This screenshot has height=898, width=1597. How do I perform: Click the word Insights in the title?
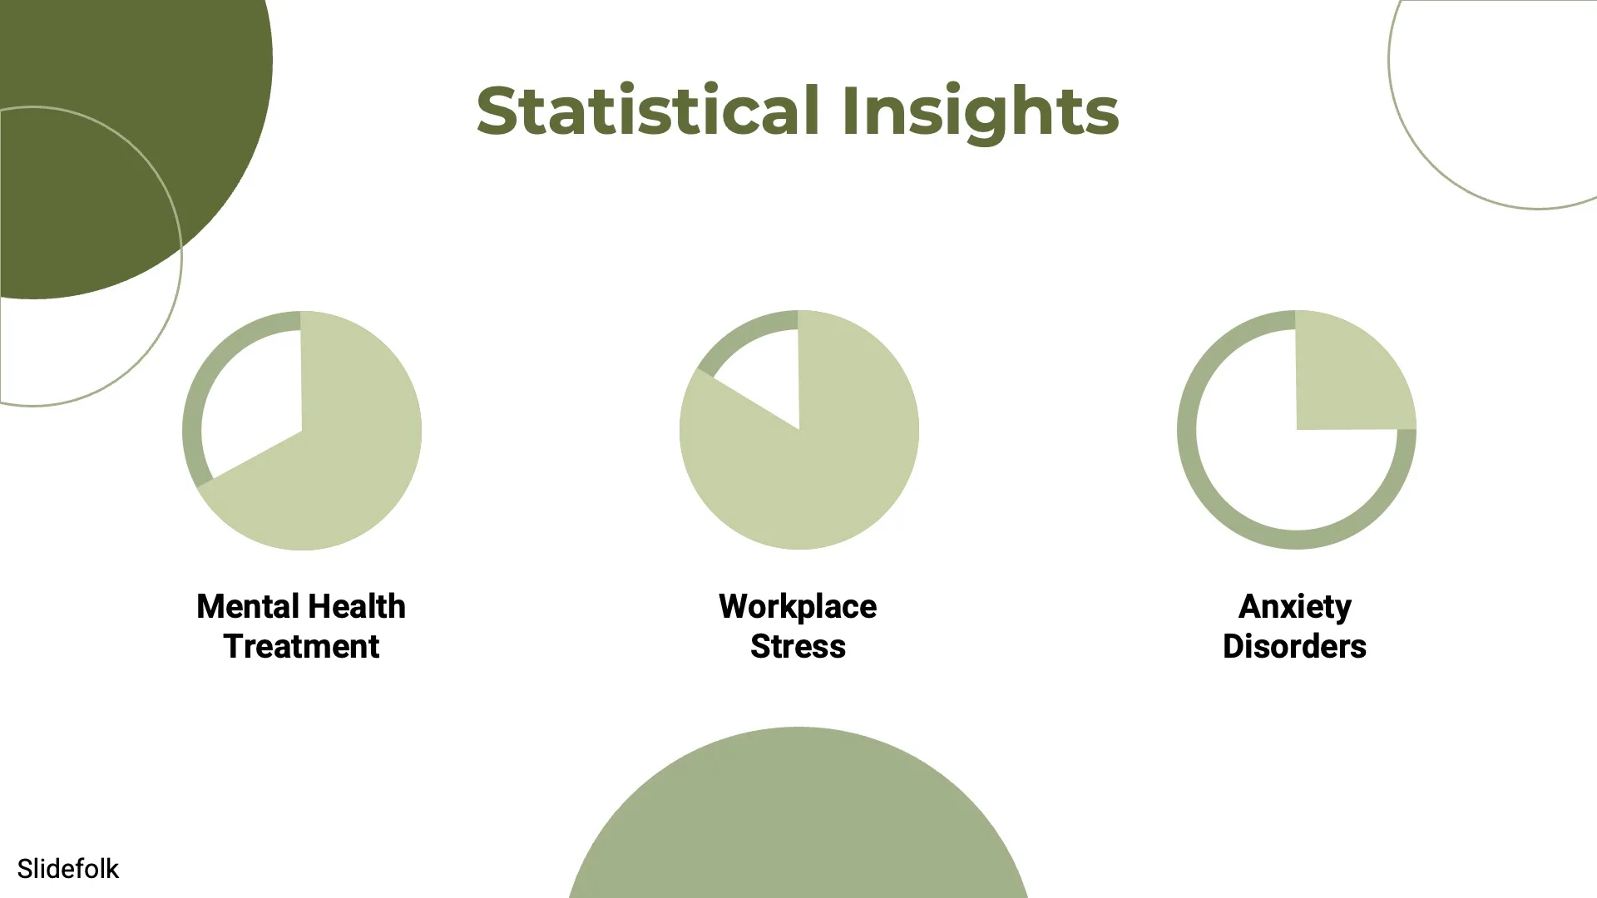point(980,112)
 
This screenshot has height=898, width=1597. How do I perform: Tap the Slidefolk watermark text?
point(68,869)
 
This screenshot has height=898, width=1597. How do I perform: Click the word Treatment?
point(301,646)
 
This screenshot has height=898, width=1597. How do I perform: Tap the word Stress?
point(798,646)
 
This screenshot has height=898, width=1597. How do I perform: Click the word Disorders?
point(1294,646)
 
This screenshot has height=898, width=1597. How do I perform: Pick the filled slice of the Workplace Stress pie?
point(815,466)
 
